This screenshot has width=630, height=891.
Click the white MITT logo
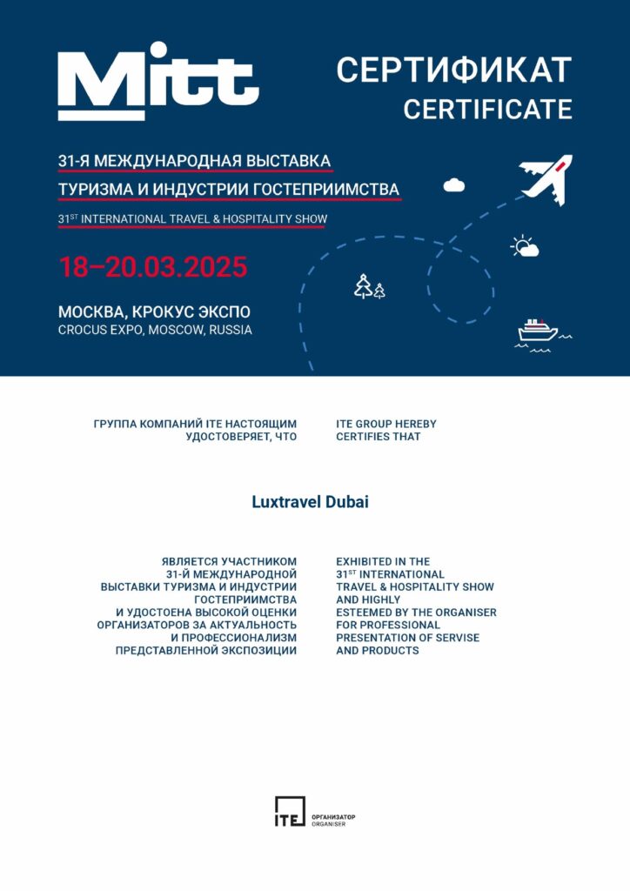coord(157,85)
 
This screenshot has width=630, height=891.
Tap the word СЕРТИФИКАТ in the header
coord(453,70)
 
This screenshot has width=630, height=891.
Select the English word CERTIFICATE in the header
coord(487,110)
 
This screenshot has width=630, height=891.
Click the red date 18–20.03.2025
coord(153,266)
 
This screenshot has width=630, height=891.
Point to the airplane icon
coord(546,180)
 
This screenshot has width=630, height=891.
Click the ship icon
coord(538,332)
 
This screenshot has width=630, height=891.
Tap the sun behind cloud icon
coord(525,246)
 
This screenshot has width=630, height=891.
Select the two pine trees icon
coord(369,286)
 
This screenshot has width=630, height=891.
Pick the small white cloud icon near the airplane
coord(453,184)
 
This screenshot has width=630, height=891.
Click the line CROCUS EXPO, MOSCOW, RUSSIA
coord(155,331)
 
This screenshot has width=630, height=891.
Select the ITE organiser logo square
coord(290,811)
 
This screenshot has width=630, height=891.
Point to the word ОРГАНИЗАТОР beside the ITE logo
coord(333,816)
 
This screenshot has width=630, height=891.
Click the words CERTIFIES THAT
coord(378,437)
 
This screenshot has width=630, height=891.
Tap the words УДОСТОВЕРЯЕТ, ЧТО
coord(241,437)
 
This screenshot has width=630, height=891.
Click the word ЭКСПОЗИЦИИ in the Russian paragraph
coord(260,651)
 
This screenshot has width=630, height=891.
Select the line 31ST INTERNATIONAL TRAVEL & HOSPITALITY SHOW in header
coord(191,218)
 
